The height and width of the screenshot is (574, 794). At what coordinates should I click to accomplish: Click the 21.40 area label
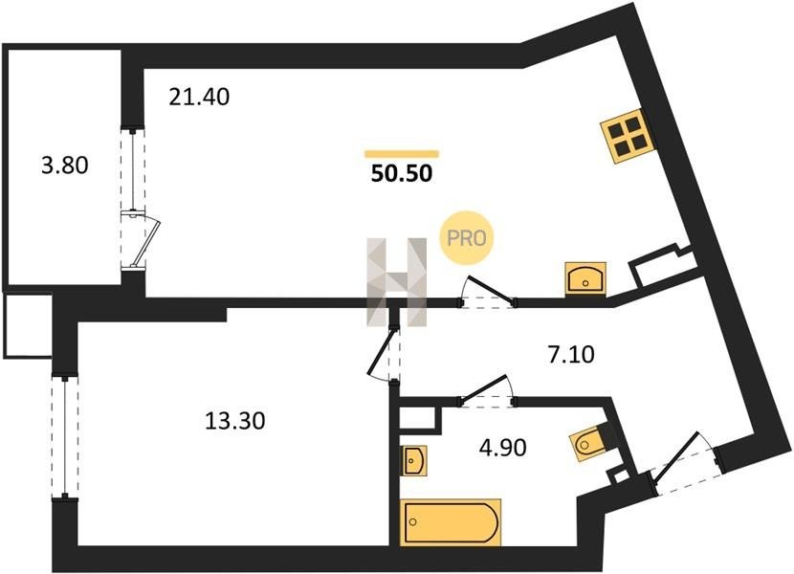[200, 97]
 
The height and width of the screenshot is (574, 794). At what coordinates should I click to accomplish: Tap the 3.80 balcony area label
[65, 166]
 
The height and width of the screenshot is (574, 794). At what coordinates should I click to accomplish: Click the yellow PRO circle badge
[466, 237]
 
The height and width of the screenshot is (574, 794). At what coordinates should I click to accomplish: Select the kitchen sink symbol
[584, 278]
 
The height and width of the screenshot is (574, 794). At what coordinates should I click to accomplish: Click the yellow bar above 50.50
[402, 153]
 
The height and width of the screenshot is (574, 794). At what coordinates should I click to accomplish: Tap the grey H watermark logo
[398, 281]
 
